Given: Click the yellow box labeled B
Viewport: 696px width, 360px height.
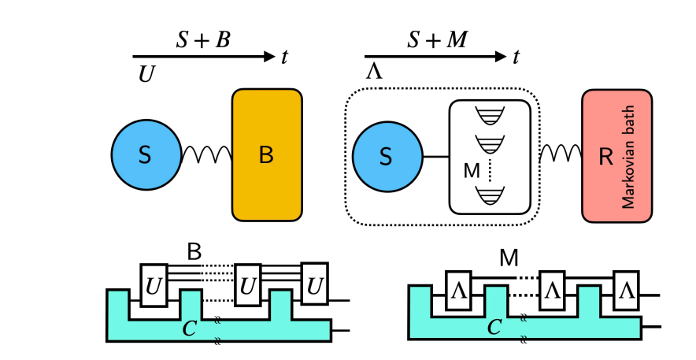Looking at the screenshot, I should [267, 154].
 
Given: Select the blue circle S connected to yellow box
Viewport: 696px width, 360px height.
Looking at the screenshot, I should [146, 155].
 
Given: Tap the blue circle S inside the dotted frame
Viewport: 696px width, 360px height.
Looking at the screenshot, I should [385, 157].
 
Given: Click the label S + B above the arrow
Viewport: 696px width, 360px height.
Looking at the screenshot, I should [202, 40].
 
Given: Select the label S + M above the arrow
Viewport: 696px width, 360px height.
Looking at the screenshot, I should [437, 40].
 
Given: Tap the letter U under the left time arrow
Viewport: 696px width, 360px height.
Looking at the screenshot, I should [146, 73].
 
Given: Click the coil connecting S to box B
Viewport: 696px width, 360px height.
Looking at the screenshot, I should [206, 155].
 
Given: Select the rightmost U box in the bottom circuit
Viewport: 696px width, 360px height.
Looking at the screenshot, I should [315, 284].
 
